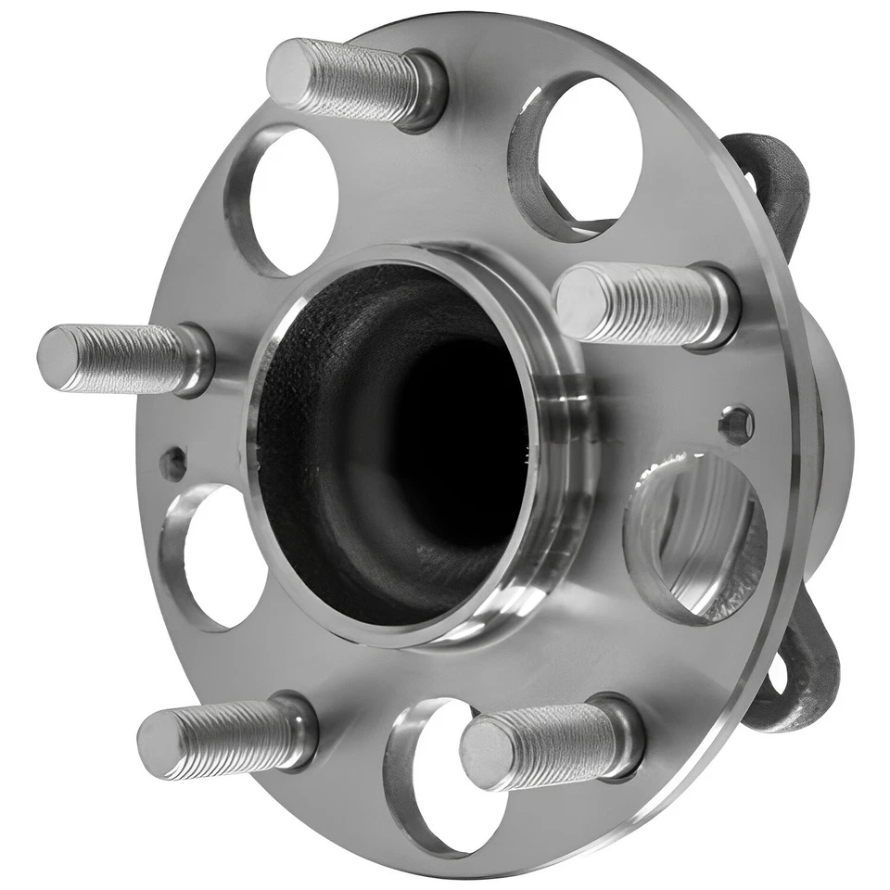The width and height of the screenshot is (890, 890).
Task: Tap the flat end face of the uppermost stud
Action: pyautogui.click(x=289, y=71)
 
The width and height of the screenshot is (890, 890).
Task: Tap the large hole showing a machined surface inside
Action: pyautogui.click(x=699, y=537)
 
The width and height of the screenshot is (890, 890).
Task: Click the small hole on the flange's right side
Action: pyautogui.click(x=737, y=425)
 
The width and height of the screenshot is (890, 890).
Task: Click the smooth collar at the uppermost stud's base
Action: pyautogui.click(x=428, y=91)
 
